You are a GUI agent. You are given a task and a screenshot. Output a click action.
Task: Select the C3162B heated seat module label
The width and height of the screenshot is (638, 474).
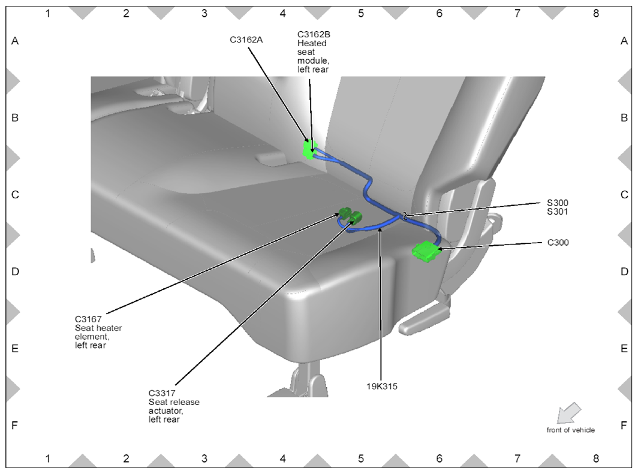coord(314,52)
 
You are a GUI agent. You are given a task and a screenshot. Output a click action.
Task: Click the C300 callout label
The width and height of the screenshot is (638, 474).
coord(558,243)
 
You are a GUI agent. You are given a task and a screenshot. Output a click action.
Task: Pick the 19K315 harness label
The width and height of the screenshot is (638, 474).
coord(383,387)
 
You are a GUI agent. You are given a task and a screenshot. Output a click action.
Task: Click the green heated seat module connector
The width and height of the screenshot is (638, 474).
coord(310,150)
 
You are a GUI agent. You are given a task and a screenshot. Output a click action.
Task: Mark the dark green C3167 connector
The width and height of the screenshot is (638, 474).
coord(345,212)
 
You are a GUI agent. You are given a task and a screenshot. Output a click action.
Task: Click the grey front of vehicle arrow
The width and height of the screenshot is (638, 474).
coord(567,413)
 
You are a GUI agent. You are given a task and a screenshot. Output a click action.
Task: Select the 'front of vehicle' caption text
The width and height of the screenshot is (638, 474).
coord(570,430)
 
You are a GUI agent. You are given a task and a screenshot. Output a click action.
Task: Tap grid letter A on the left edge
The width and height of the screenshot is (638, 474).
coord(15,41)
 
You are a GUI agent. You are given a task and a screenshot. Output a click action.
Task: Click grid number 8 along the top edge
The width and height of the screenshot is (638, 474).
coord(595,13)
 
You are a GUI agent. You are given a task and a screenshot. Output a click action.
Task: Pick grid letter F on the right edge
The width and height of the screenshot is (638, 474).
coord(624,425)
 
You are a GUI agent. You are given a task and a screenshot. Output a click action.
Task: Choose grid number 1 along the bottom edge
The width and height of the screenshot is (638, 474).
coord(48,458)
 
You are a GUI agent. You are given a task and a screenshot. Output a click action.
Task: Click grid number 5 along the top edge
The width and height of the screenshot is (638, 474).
coord(361,13)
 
